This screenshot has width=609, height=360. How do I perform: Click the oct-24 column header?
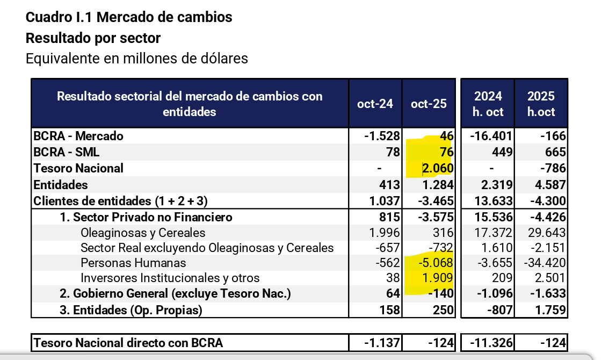coord(375,104)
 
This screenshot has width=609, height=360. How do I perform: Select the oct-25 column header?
coord(429,104)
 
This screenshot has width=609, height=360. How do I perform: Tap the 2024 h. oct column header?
coord(488,104)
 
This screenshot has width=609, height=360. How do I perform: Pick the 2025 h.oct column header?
coord(541,104)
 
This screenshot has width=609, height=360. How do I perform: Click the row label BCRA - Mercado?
coord(78,136)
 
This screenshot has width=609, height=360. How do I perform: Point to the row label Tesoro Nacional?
coord(78,168)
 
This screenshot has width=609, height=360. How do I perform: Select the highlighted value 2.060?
coord(438,169)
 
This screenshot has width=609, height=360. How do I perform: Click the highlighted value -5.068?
coord(436,263)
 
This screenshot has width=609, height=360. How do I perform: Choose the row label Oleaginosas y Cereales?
coord(143,233)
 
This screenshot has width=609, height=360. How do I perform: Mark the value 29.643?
coord(544,233)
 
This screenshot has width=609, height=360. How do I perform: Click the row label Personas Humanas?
coord(133,263)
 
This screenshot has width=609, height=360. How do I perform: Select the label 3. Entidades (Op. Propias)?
coord(130,310)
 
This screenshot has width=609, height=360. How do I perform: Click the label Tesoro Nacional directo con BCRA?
coord(128,343)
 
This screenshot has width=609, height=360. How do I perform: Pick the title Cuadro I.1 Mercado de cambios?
coord(129,17)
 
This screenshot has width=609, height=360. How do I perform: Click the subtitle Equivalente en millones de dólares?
coord(137,58)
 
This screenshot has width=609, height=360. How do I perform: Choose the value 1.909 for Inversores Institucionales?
coord(438,278)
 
